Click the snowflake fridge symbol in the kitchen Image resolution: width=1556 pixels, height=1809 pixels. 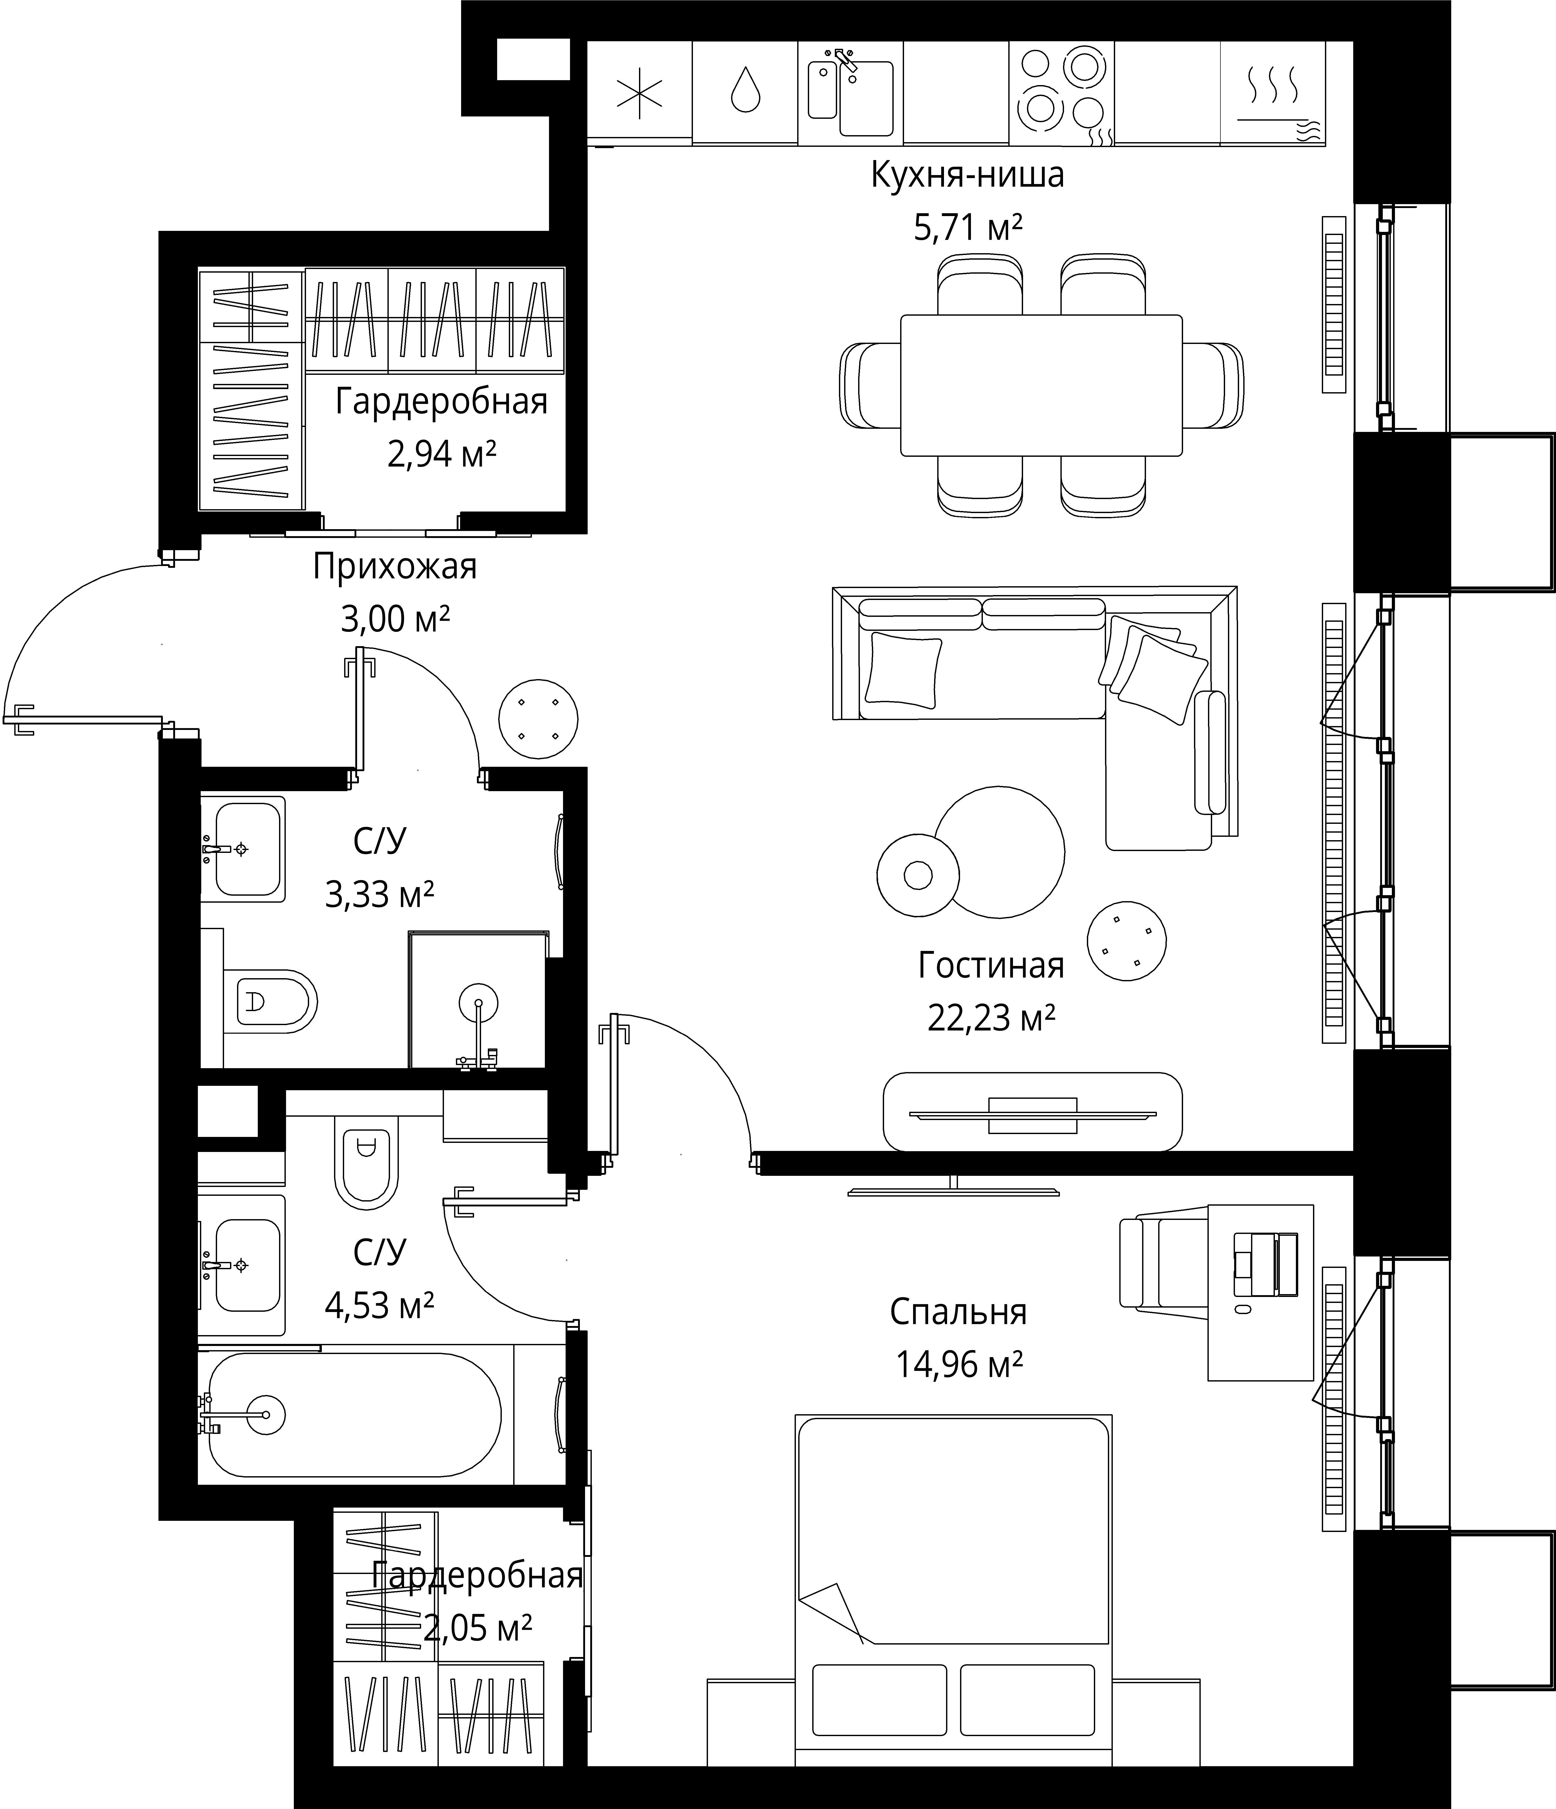coord(640,93)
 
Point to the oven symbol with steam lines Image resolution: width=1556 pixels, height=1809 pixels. coord(1272,96)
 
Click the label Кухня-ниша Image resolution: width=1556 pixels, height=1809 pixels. coord(967,175)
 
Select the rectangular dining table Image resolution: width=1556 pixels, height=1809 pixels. coord(1041,385)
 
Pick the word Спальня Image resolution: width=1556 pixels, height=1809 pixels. coord(958,1311)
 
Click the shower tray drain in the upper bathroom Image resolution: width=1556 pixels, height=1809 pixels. coord(478,1002)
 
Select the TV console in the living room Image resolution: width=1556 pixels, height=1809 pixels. coord(1032,1111)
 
